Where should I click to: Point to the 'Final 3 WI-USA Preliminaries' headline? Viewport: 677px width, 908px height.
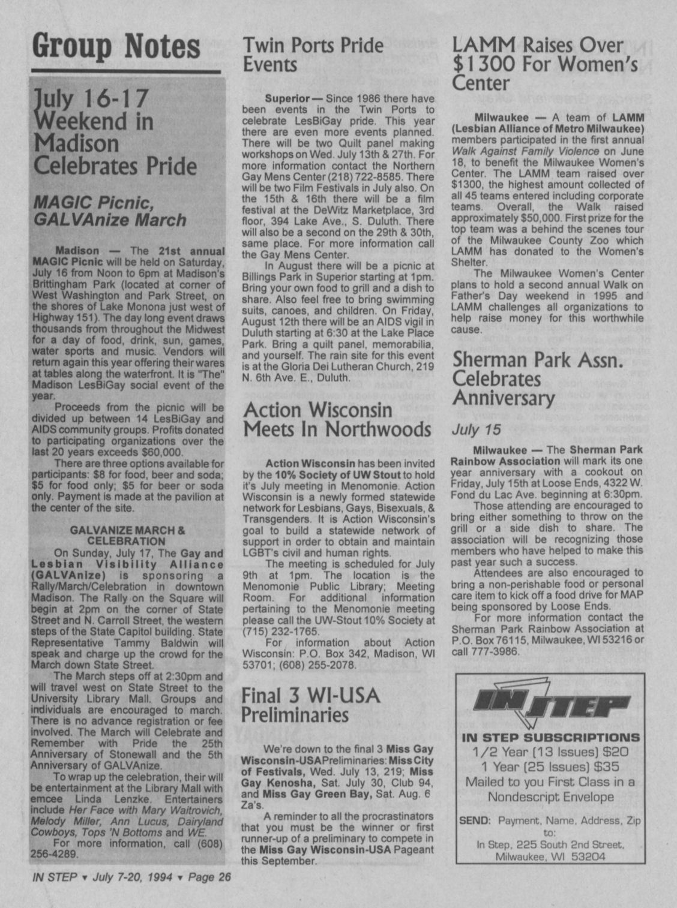pyautogui.click(x=310, y=705)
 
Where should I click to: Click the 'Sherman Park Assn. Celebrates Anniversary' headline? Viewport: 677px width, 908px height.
pyautogui.click(x=537, y=378)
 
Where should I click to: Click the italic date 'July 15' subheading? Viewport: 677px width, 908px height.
pyautogui.click(x=476, y=429)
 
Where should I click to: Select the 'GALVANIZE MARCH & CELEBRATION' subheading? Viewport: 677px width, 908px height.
pyautogui.click(x=127, y=536)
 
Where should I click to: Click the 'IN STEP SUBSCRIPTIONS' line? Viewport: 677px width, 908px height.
pyautogui.click(x=550, y=738)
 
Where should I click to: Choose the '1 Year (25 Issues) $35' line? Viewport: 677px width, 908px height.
pyautogui.click(x=550, y=766)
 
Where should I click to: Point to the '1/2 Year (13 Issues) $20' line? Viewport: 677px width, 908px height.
pyautogui.click(x=550, y=751)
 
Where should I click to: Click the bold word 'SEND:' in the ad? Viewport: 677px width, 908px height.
pyautogui.click(x=475, y=820)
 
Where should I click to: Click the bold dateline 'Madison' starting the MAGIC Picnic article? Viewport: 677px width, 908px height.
pyautogui.click(x=77, y=251)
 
